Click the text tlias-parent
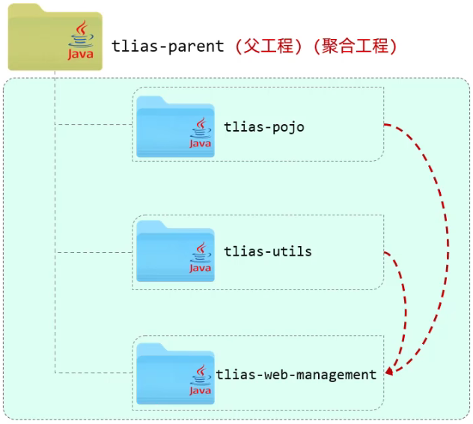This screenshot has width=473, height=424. pos(168,46)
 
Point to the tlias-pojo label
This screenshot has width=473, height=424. pos(263,127)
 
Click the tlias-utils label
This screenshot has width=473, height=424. pos(267,252)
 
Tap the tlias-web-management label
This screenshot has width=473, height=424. pos(296,375)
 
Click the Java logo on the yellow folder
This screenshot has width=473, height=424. pos(80,42)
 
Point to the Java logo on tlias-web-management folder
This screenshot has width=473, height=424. pos(200,380)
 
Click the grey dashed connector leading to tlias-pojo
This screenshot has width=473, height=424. pos(94,125)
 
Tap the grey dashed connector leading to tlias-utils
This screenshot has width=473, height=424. pos(94,252)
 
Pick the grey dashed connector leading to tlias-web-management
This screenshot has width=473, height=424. pos(94,372)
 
